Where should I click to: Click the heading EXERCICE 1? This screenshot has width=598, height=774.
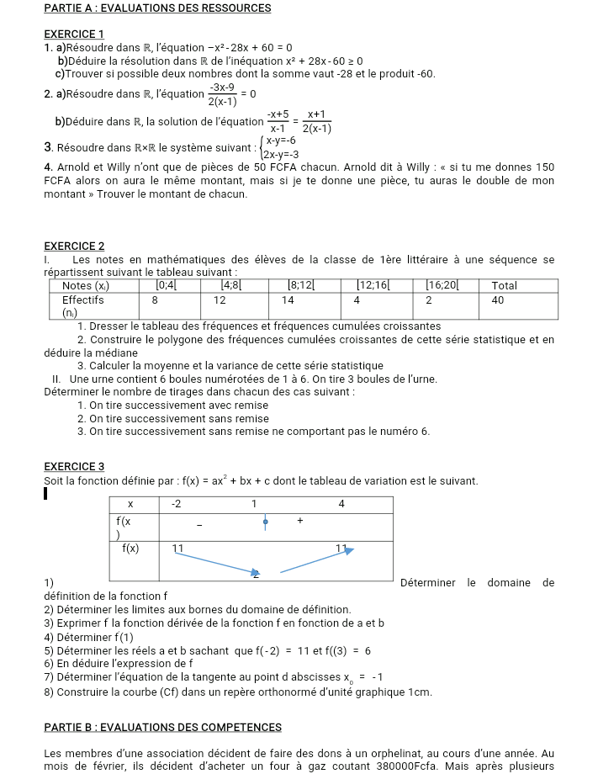[x=73, y=34]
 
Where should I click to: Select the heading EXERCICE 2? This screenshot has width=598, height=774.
[x=73, y=246]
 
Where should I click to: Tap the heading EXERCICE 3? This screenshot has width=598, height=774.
[x=73, y=466]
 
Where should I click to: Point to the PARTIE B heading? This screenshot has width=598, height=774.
[x=162, y=727]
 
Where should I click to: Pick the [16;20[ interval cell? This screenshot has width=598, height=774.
[x=442, y=286]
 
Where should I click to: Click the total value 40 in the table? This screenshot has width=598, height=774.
[x=497, y=300]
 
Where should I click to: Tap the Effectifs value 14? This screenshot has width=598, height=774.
[x=288, y=300]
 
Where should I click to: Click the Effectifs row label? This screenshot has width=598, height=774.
[x=82, y=300]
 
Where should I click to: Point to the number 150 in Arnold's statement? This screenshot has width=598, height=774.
[x=544, y=167]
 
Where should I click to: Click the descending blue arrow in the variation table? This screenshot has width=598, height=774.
[x=214, y=564]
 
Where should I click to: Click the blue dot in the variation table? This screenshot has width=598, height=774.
[x=266, y=522]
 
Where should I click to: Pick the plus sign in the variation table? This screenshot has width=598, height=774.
[x=300, y=522]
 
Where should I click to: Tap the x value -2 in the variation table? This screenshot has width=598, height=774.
[x=176, y=504]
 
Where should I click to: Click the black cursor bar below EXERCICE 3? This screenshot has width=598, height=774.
[x=47, y=496]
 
